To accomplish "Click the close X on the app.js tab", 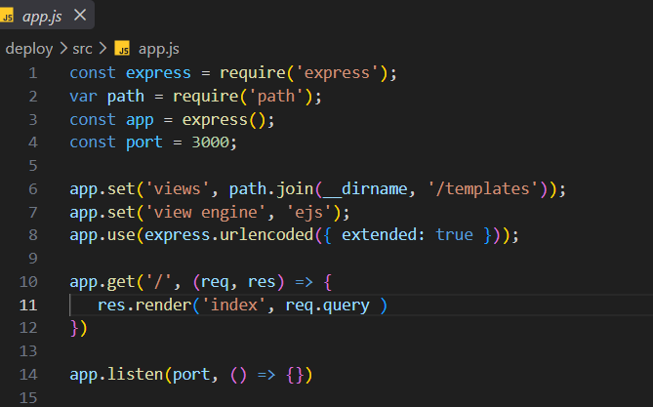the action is pyautogui.click(x=80, y=16).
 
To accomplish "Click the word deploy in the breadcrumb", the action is pyautogui.click(x=29, y=49).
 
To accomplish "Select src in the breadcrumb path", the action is pyautogui.click(x=82, y=49).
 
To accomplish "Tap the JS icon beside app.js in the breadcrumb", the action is pyautogui.click(x=122, y=49).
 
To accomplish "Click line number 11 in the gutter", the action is pyautogui.click(x=28, y=305).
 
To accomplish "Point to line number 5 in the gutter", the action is pyautogui.click(x=33, y=166).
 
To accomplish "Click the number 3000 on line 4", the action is pyautogui.click(x=210, y=142).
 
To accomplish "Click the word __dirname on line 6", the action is pyautogui.click(x=365, y=189).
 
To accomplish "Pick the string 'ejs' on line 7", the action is pyautogui.click(x=309, y=213).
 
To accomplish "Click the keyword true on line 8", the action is pyautogui.click(x=454, y=235).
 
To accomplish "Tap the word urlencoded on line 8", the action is pyautogui.click(x=266, y=235).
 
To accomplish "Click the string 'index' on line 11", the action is pyautogui.click(x=234, y=305).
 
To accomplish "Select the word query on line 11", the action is pyautogui.click(x=347, y=305).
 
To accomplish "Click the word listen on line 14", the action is pyautogui.click(x=135, y=374).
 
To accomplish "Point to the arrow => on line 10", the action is pyautogui.click(x=304, y=282).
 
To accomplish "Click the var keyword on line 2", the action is pyautogui.click(x=83, y=97).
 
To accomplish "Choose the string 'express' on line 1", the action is pyautogui.click(x=337, y=73).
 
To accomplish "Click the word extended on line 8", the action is pyautogui.click(x=378, y=235).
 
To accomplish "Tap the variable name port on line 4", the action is pyautogui.click(x=144, y=142).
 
